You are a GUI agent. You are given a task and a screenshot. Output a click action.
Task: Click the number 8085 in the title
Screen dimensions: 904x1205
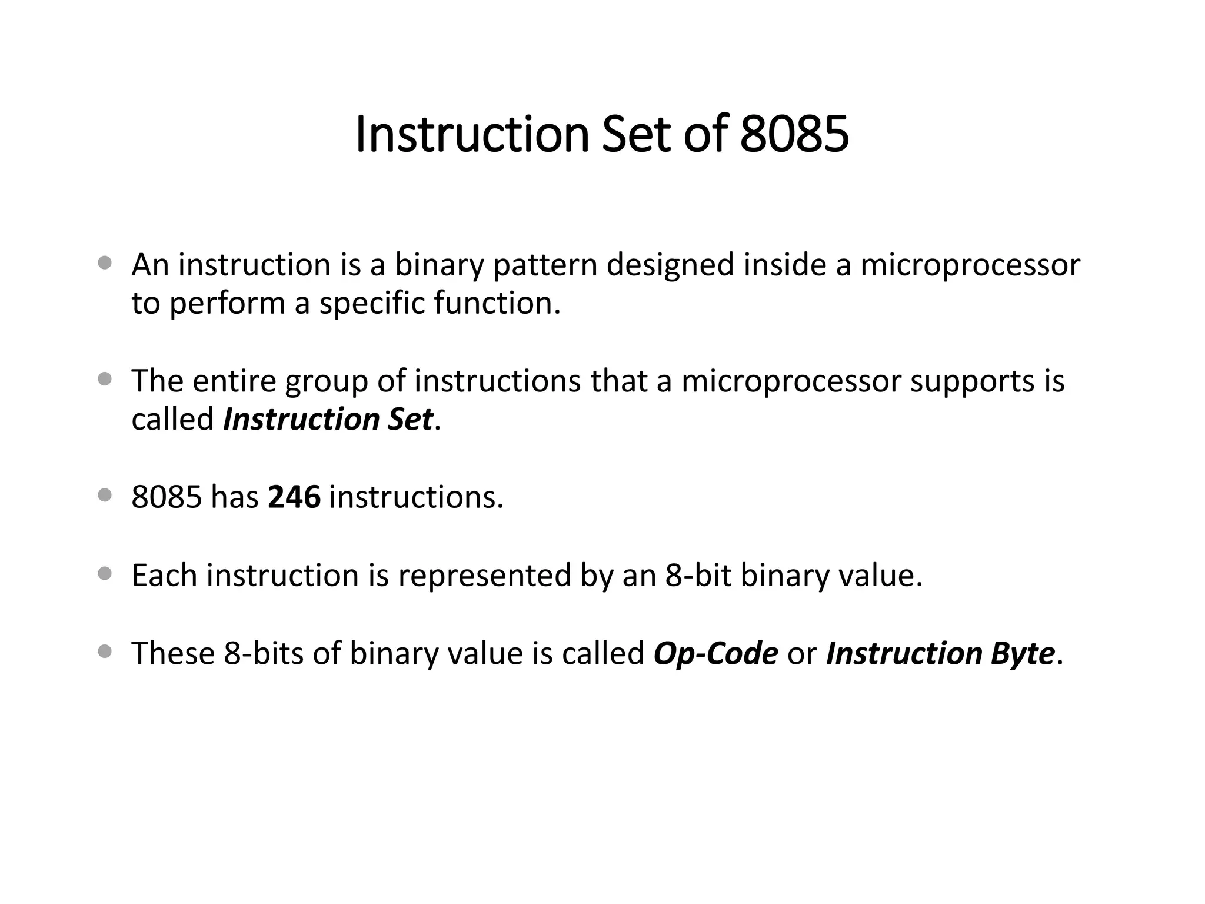pyautogui.click(x=794, y=134)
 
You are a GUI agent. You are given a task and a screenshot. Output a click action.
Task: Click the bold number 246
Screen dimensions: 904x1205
pyautogui.click(x=294, y=497)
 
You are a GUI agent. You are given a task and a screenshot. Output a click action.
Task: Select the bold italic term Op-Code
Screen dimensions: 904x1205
pyautogui.click(x=715, y=653)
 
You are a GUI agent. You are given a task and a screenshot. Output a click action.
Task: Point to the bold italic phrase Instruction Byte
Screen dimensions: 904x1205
pyautogui.click(x=940, y=653)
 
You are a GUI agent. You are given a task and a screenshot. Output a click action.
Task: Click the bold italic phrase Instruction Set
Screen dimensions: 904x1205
pyautogui.click(x=328, y=420)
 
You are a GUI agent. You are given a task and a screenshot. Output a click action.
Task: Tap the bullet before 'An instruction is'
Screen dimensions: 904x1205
pyautogui.click(x=105, y=263)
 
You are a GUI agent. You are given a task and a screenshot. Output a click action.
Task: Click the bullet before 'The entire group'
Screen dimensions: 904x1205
pyautogui.click(x=105, y=380)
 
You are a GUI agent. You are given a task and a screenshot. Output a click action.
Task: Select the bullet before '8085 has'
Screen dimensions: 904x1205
pyautogui.click(x=105, y=496)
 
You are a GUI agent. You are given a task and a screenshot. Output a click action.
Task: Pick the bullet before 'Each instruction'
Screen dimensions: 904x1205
pyautogui.click(x=105, y=574)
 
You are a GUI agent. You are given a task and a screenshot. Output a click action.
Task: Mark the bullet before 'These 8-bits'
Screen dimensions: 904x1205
pyautogui.click(x=105, y=652)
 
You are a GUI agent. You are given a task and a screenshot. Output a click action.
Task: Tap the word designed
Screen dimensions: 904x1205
pyautogui.click(x=670, y=265)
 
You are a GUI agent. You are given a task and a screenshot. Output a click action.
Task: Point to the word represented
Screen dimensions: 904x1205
pyautogui.click(x=484, y=576)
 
